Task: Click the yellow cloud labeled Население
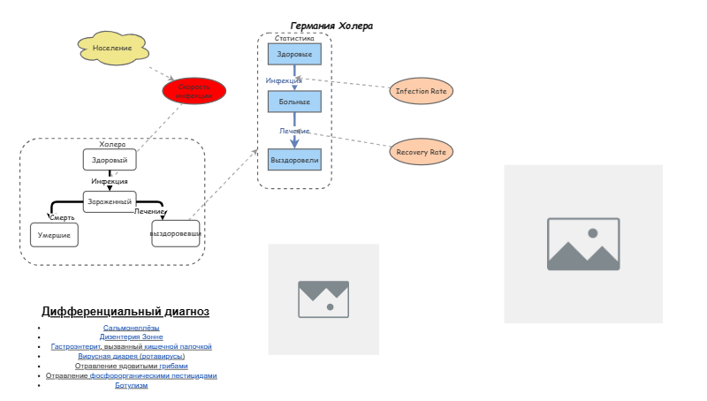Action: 112,48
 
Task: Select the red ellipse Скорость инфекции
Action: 194,91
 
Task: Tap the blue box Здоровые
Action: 294,54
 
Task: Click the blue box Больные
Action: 294,102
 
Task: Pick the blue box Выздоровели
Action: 294,160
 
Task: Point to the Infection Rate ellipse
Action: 421,91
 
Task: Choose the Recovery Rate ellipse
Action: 421,152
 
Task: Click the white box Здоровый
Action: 110,160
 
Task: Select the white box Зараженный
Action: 110,201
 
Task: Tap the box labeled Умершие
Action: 54,235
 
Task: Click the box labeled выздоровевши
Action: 176,233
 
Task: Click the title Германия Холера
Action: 331,26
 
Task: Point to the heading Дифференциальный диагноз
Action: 125,312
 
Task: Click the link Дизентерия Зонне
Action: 131,337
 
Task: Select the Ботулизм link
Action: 131,385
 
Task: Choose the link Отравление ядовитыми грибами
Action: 131,366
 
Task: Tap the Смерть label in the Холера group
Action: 63,217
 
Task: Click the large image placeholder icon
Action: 583,244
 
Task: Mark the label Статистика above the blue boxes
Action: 294,39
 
